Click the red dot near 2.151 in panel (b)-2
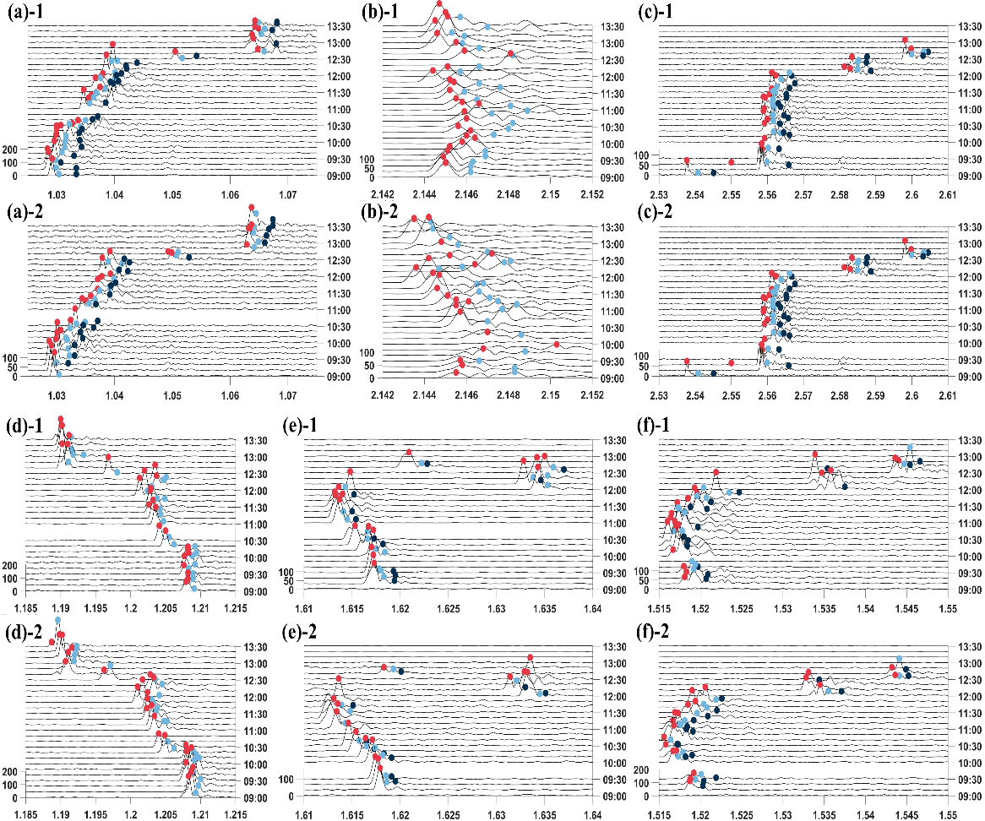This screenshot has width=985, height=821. (557, 344)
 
